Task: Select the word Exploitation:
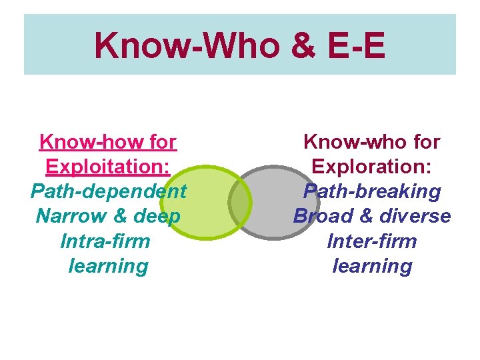pos(108,167)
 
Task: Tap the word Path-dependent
pos(109,192)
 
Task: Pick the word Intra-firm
pos(105,241)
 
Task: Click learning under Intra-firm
pos(109,266)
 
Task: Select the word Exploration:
pos(372,167)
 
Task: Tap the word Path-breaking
pos(372,192)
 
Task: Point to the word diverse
pos(413,216)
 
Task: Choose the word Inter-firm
pos(372,241)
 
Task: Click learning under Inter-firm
pos(372,266)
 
